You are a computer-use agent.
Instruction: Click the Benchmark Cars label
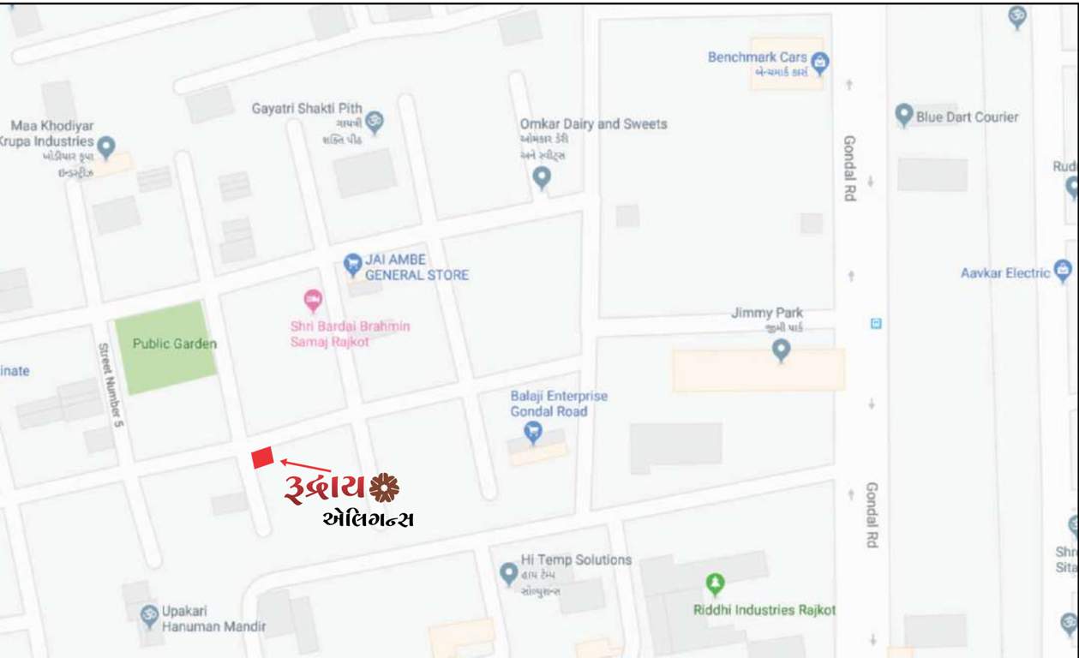[x=757, y=57]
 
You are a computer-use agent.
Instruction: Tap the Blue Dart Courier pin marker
[x=903, y=116]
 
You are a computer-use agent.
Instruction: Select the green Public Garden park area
[x=165, y=346]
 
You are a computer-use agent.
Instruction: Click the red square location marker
[x=262, y=458]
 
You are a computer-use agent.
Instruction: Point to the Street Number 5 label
[x=109, y=381]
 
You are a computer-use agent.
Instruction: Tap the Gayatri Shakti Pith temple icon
[x=374, y=122]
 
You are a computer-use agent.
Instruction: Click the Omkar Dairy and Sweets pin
[x=542, y=177]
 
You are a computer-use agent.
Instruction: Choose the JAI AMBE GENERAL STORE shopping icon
[x=352, y=264]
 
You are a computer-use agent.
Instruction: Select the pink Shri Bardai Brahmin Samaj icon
[x=313, y=301]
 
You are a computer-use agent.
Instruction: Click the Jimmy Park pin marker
[x=781, y=350]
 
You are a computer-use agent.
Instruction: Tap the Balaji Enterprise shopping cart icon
[x=533, y=433]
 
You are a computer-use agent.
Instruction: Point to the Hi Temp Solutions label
[x=576, y=559]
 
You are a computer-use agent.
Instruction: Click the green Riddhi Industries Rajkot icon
[x=715, y=584]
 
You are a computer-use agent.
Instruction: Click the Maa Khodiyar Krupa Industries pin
[x=106, y=147]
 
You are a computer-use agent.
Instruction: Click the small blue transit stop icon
[x=875, y=323]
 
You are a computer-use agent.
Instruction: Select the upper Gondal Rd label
[x=849, y=168]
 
